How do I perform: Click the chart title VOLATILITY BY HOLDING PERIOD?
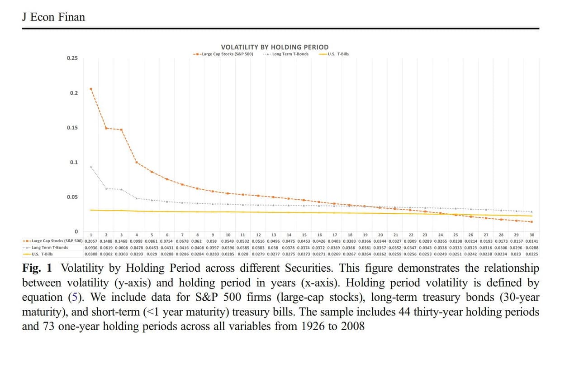275,47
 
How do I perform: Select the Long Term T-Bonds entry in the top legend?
286,54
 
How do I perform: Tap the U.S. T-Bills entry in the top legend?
334,54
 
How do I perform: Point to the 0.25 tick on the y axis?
72,58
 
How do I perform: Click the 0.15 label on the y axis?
72,128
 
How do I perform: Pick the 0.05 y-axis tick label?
72,197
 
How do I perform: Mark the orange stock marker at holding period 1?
91,89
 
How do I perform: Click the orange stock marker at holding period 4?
137,162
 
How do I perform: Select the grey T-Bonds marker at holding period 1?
91,167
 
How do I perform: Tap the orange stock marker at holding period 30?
532,222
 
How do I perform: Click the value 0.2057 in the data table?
91,241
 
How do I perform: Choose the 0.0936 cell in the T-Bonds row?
91,248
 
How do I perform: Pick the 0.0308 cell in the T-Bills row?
91,254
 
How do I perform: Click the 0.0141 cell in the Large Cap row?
532,241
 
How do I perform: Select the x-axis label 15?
304,235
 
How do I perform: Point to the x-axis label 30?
532,235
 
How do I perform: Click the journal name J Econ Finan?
53,17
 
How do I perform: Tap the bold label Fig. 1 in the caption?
37,268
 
